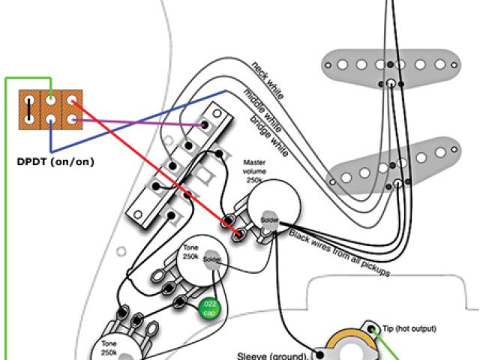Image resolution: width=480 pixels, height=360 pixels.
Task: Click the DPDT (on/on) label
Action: click(49, 160)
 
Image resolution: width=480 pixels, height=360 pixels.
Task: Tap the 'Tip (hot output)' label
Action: click(409, 328)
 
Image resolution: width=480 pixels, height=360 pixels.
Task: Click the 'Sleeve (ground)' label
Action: click(272, 355)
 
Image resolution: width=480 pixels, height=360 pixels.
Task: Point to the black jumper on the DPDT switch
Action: click(28, 109)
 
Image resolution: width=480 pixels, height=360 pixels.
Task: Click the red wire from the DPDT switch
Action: click(150, 164)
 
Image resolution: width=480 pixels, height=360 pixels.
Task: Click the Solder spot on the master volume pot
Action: click(269, 219)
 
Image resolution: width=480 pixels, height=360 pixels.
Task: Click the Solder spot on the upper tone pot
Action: click(211, 259)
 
